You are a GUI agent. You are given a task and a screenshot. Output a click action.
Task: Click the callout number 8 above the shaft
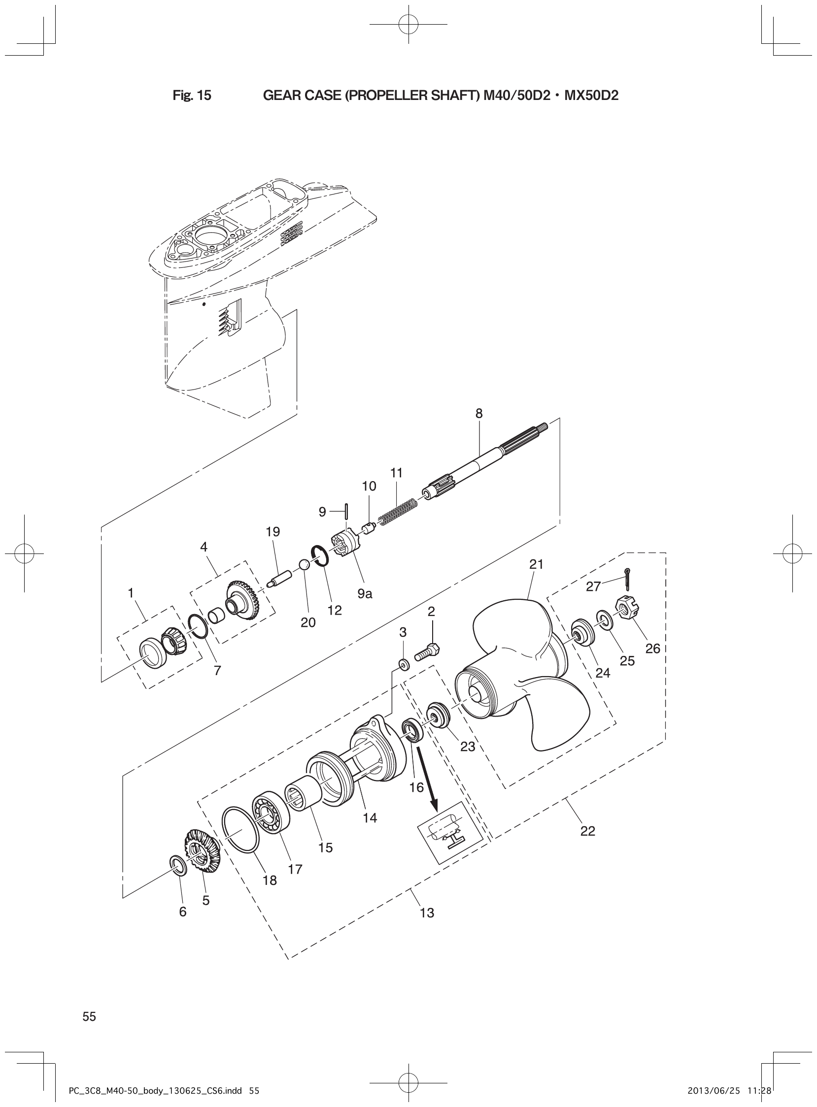tap(479, 413)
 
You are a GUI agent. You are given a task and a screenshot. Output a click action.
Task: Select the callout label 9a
tap(365, 594)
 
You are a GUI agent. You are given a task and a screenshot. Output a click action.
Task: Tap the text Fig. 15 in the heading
tap(192, 96)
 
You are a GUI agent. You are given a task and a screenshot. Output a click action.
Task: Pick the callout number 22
tap(587, 831)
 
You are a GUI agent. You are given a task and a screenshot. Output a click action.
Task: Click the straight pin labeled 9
tap(347, 511)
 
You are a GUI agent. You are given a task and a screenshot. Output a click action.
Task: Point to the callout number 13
tap(427, 913)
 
